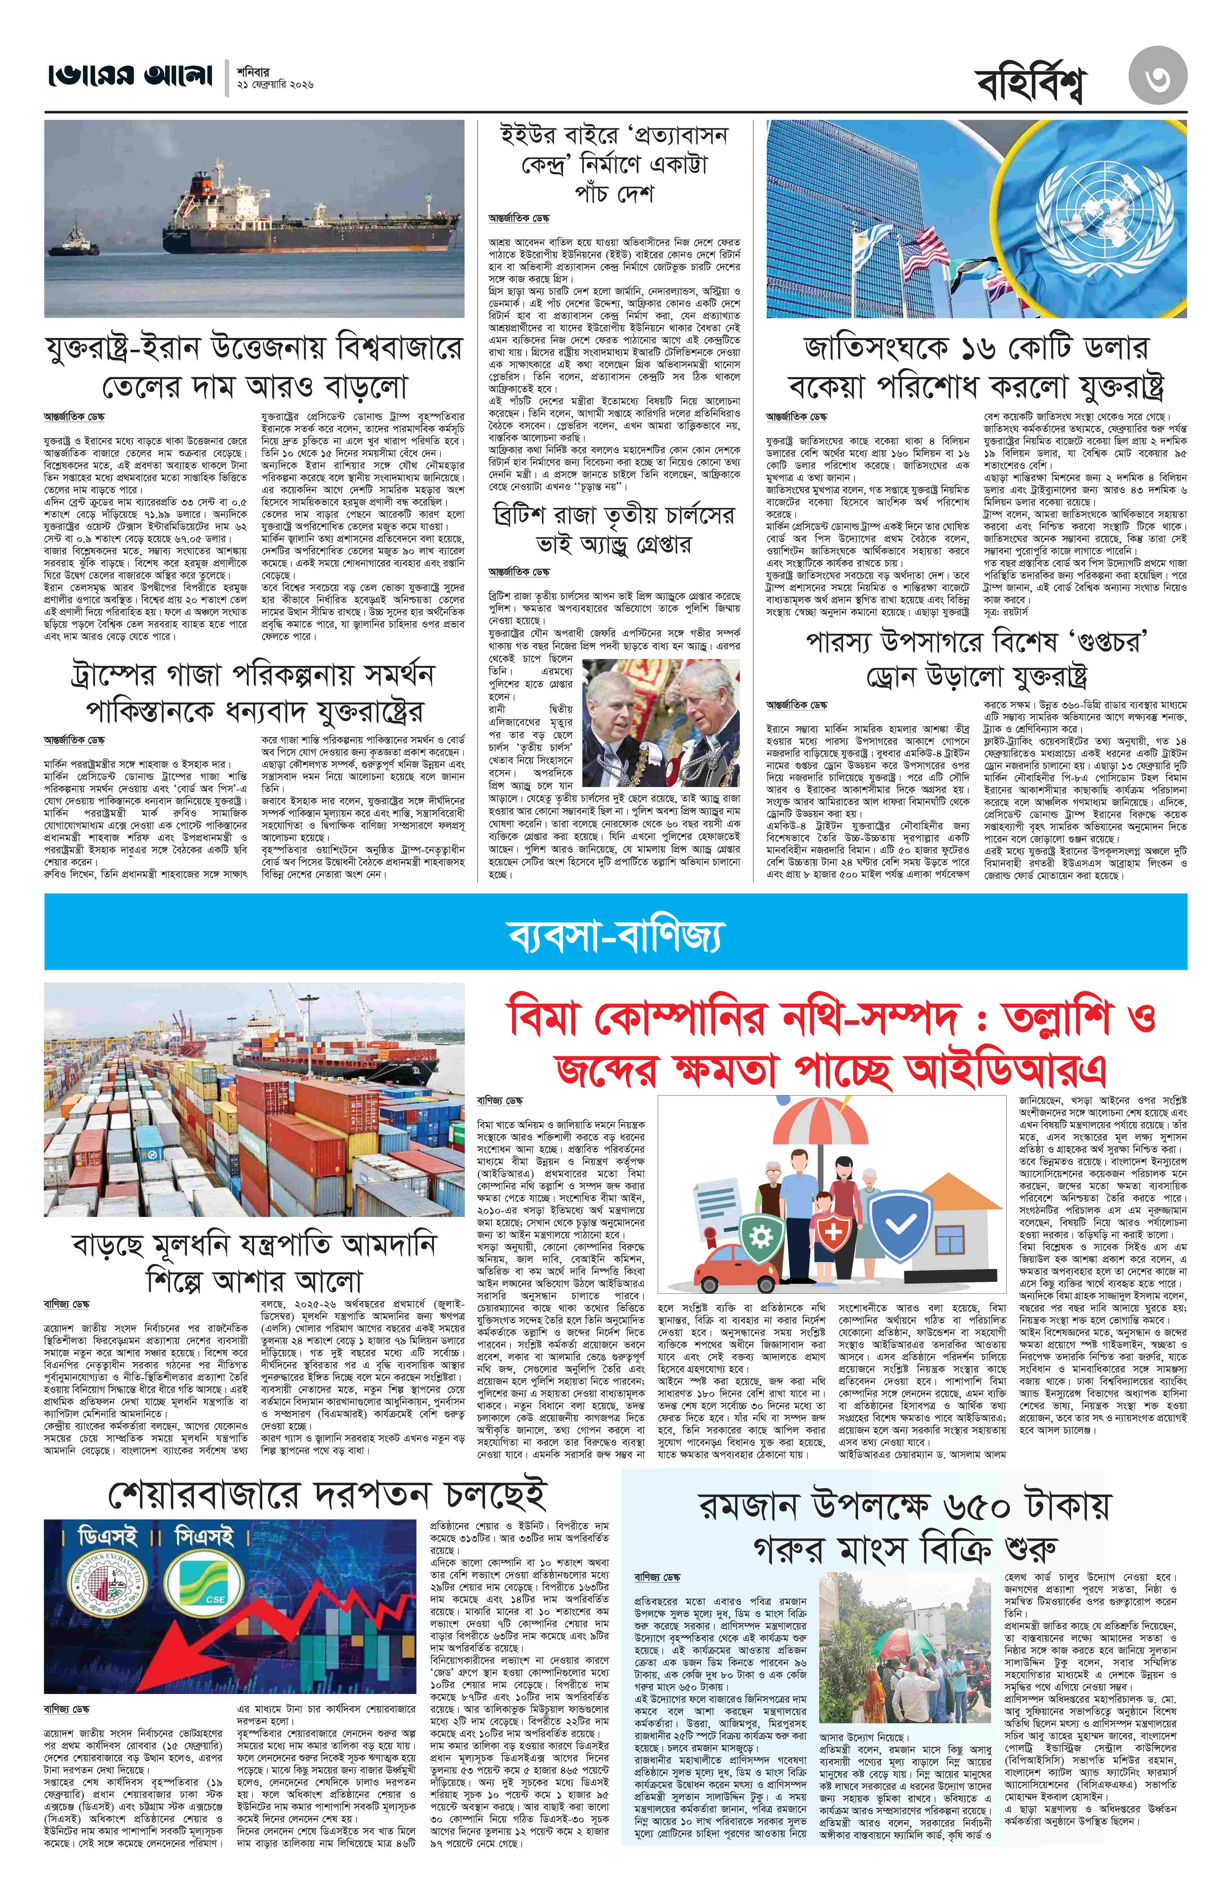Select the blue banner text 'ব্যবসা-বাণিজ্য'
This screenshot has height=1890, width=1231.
click(x=615, y=935)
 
